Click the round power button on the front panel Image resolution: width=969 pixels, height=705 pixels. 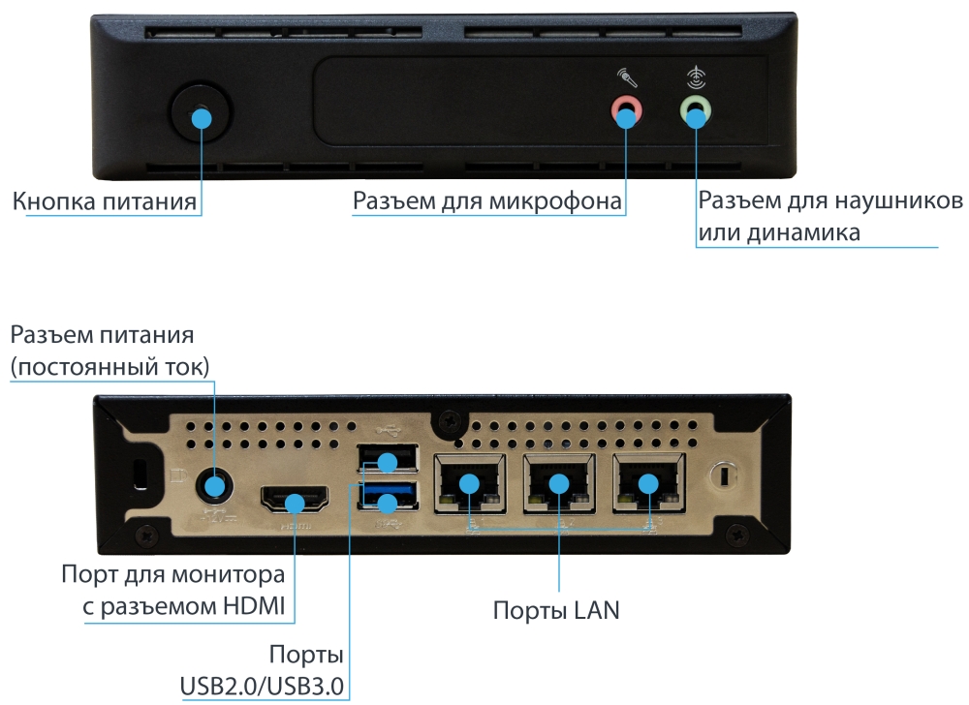[x=201, y=117]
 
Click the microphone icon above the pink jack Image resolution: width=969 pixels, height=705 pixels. [x=625, y=77]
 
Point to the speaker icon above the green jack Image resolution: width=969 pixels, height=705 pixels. [x=694, y=76]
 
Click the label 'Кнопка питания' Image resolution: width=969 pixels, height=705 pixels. [x=106, y=202]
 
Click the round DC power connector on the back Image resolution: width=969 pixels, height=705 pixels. [x=214, y=483]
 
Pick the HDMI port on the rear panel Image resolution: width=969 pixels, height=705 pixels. [x=295, y=503]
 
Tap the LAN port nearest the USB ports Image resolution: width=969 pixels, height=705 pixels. [x=470, y=483]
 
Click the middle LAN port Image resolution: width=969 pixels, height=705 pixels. [x=558, y=483]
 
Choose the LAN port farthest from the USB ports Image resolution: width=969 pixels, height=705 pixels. [x=646, y=483]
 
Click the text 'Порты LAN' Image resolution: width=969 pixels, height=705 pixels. [x=556, y=611]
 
